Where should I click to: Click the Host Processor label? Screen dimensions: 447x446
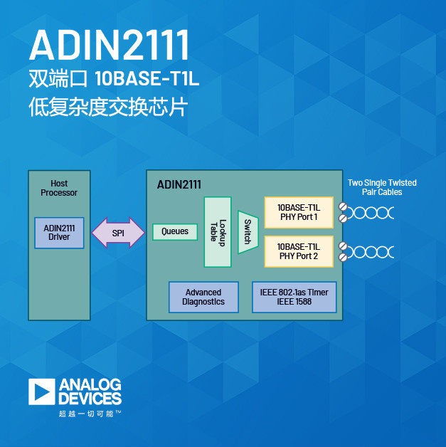click(x=59, y=188)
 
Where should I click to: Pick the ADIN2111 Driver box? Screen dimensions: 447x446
click(x=59, y=233)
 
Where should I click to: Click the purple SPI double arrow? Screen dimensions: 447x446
click(x=118, y=233)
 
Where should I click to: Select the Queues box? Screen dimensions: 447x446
click(x=175, y=231)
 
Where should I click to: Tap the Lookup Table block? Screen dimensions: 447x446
click(x=218, y=232)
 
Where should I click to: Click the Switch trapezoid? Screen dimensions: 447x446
click(x=247, y=232)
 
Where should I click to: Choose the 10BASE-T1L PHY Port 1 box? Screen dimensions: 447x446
click(x=298, y=212)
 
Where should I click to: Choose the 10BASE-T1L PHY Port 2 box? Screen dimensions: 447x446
click(x=298, y=251)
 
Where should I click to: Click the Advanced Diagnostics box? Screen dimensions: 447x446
click(x=203, y=297)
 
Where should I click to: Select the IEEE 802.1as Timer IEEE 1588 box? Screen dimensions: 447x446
click(x=294, y=297)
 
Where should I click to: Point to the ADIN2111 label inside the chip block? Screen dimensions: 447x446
click(x=179, y=184)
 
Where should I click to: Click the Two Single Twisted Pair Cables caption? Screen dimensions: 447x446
click(x=382, y=187)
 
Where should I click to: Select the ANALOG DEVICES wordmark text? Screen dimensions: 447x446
click(x=90, y=391)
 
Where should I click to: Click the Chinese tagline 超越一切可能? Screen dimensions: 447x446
click(x=85, y=413)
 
